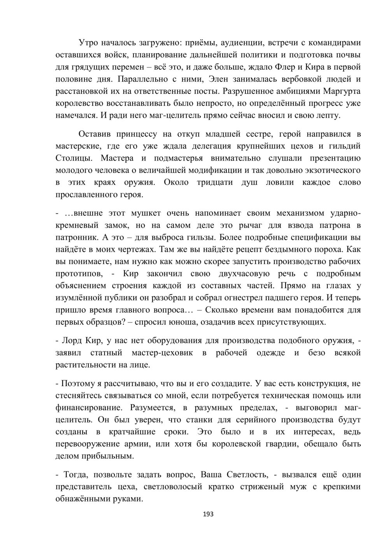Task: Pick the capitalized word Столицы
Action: pos(74,158)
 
